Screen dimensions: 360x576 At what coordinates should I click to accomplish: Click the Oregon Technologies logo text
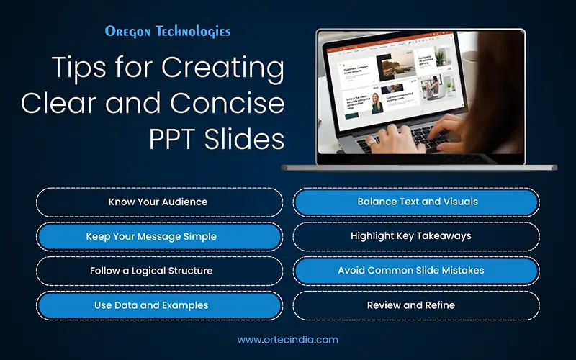167,32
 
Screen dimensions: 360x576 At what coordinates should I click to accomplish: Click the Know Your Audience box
158,202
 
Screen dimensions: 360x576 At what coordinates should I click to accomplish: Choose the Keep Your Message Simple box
158,236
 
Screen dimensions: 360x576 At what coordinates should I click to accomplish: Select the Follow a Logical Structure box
158,271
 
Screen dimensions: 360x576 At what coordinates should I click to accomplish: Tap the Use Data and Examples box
158,305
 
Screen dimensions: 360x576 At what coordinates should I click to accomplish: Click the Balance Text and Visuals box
416,202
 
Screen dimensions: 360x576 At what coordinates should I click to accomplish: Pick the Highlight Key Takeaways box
416,236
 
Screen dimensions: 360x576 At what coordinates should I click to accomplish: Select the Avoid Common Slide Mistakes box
416,271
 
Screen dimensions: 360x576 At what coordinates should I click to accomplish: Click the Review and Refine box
416,305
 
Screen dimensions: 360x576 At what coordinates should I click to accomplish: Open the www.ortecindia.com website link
287,339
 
